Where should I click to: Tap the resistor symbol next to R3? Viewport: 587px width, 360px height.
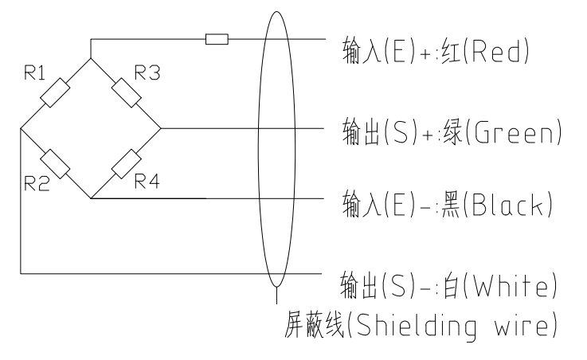pyautogui.click(x=125, y=92)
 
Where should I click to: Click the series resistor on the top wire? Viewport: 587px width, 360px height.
pyautogui.click(x=217, y=39)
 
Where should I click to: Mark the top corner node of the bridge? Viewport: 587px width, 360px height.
pyautogui.click(x=91, y=58)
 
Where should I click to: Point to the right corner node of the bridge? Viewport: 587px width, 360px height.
pyautogui.click(x=161, y=128)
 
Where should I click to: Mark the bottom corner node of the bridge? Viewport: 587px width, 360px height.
pyautogui.click(x=91, y=198)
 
